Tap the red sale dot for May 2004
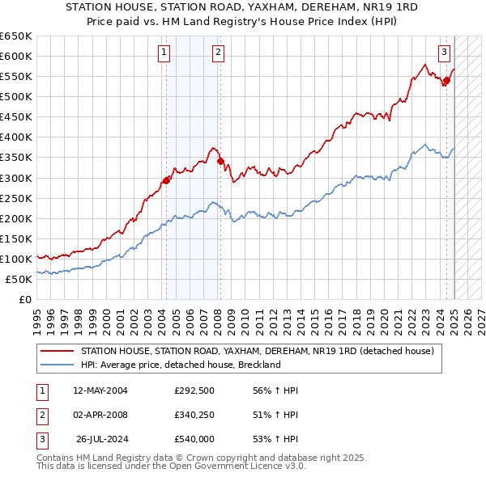tap(166, 180)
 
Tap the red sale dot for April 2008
tap(220, 161)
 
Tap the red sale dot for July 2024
tap(446, 79)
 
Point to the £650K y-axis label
tap(16, 36)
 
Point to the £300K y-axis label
tap(16, 178)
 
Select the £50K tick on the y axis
tap(19, 279)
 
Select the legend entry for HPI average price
tap(180, 365)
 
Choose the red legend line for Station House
tap(58, 351)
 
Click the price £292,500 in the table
tap(194, 390)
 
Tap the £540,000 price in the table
tap(194, 439)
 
